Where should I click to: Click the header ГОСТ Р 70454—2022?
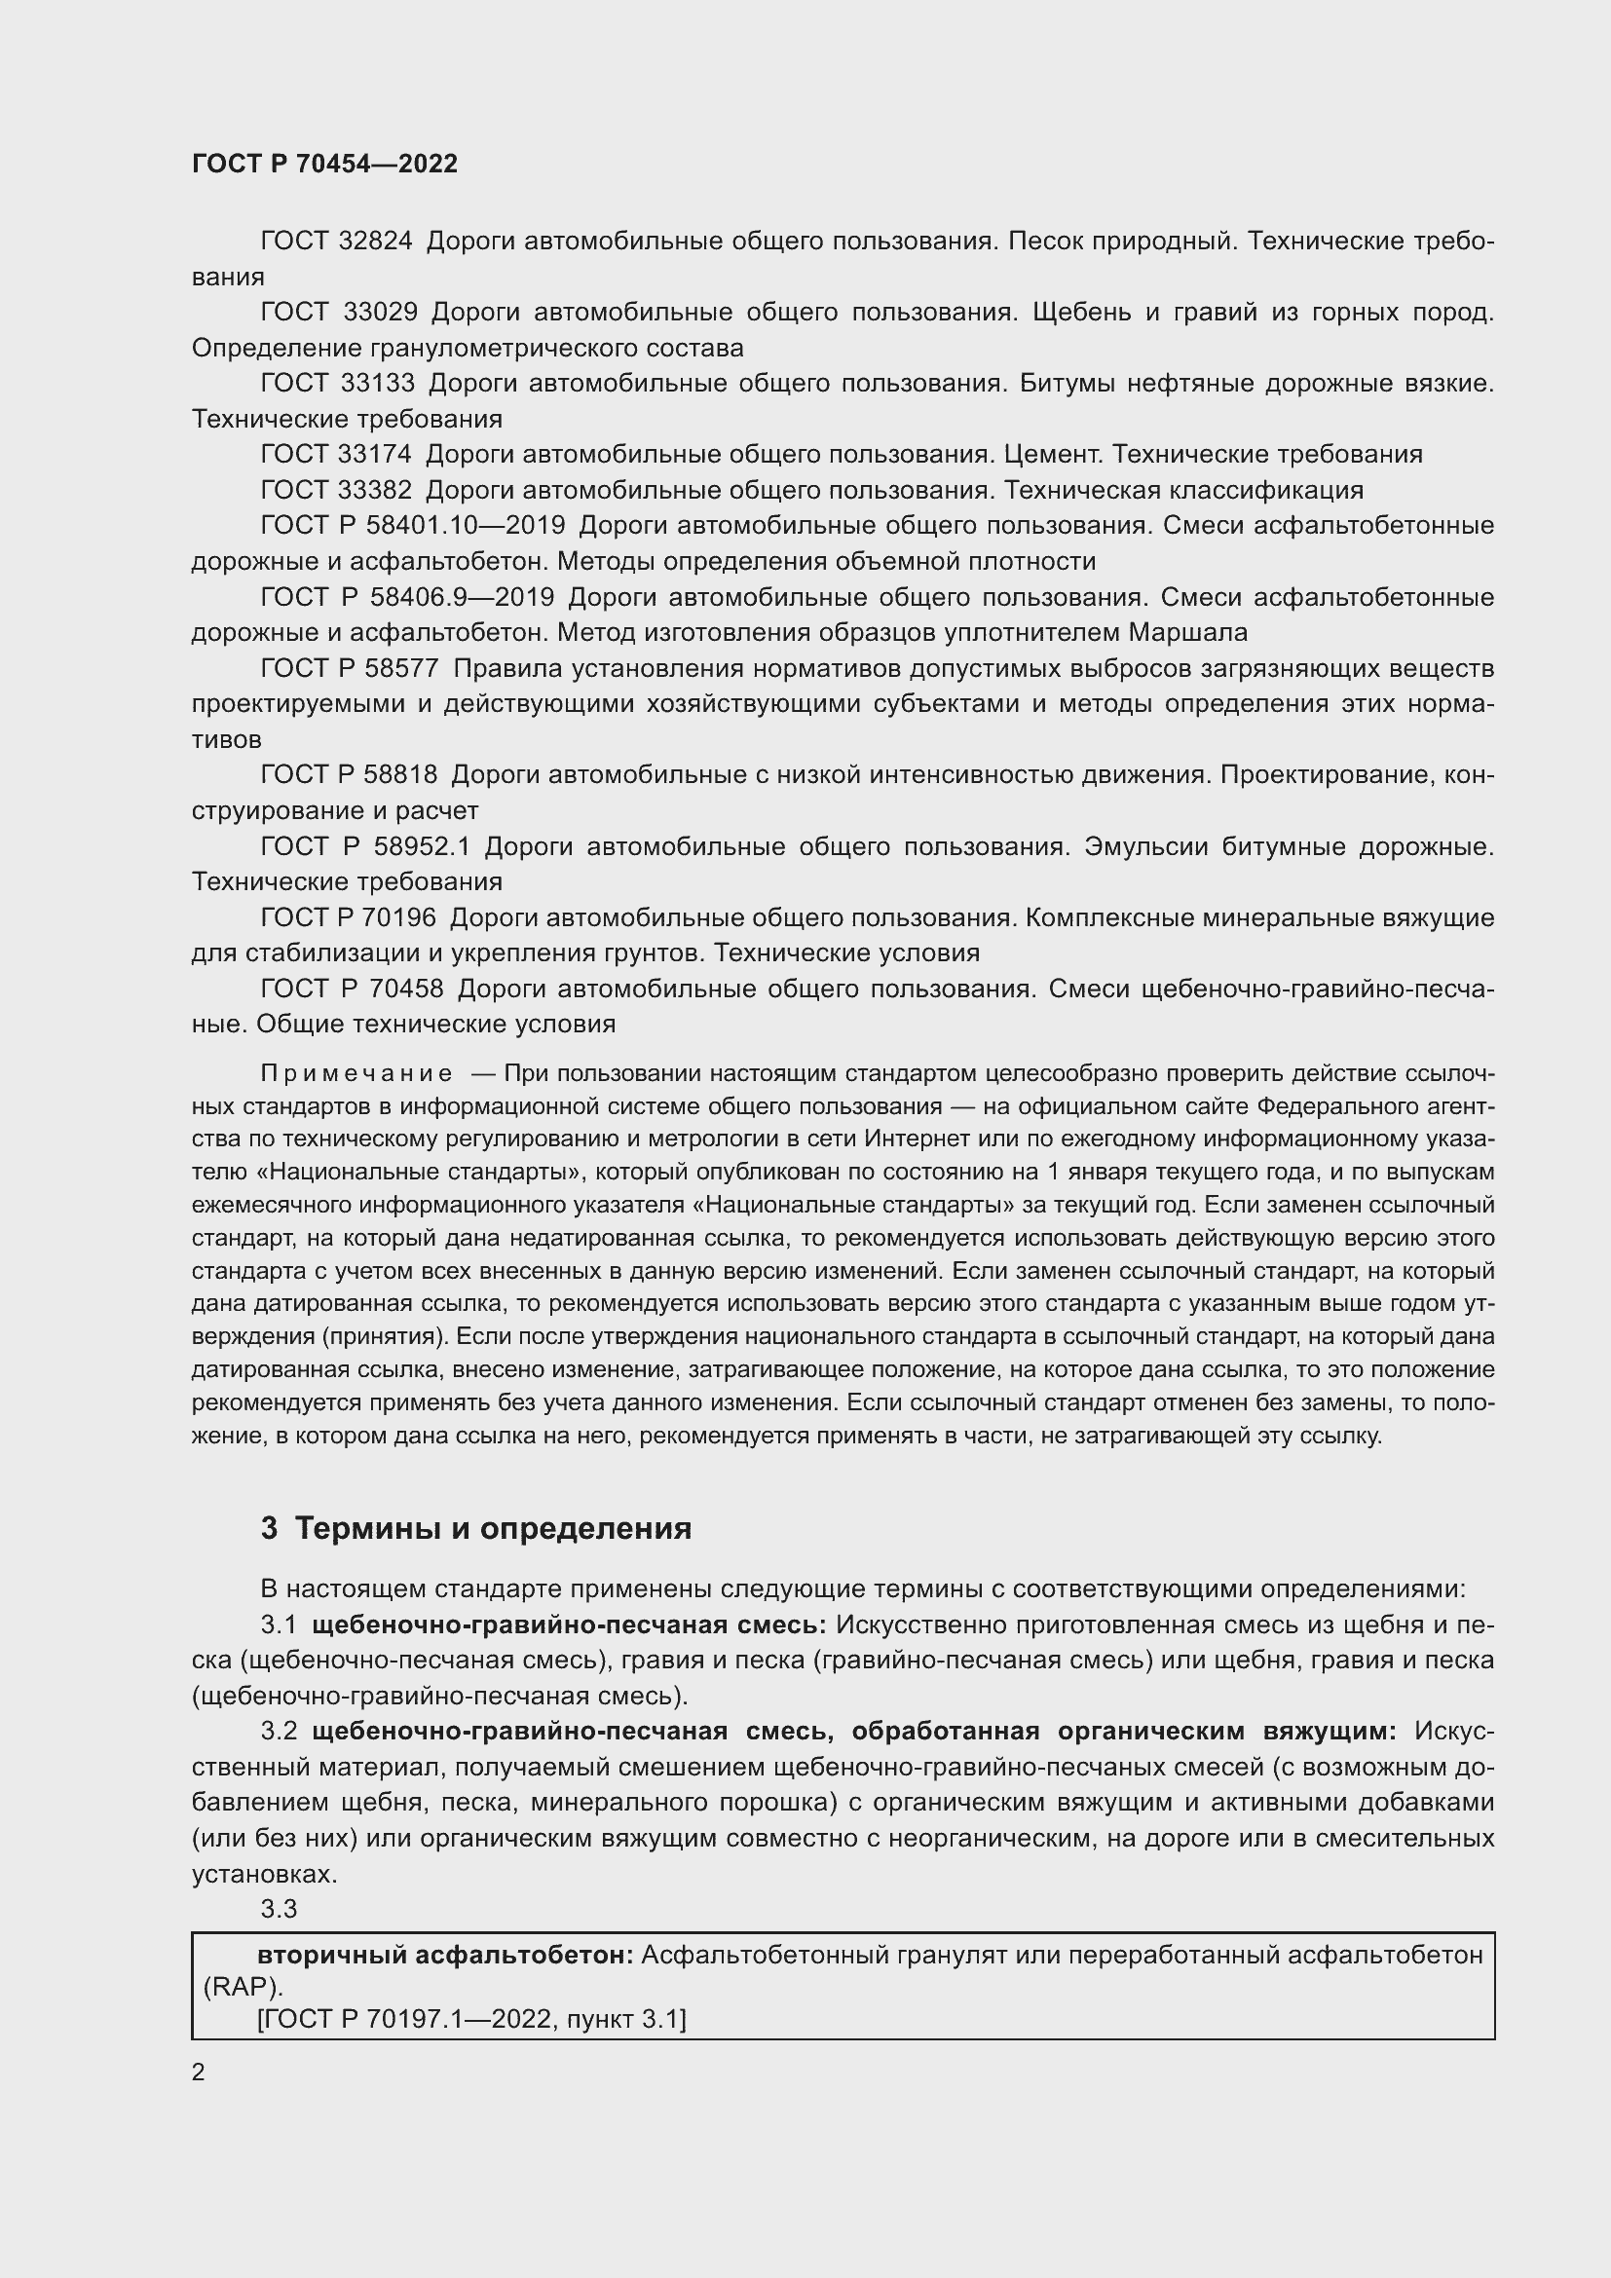coord(324,164)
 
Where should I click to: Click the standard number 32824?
coord(375,242)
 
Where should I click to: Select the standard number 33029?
coord(380,312)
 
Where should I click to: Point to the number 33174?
coord(375,455)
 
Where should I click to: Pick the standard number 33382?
coord(375,490)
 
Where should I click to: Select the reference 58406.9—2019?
coord(462,597)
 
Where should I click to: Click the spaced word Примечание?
coord(357,1073)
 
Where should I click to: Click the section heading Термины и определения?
coord(493,1529)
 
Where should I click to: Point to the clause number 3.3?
coord(279,1908)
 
